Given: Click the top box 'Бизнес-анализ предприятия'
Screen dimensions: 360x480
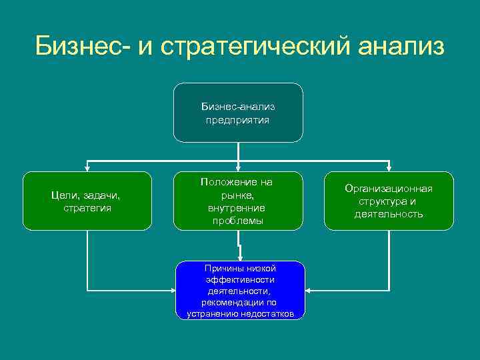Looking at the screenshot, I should coord(238,113).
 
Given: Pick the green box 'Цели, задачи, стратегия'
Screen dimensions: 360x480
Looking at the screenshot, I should coord(87,201).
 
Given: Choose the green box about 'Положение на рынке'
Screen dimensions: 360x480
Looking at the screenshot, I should coord(238,201).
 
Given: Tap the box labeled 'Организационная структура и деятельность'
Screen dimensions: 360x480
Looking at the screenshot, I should coord(389,201).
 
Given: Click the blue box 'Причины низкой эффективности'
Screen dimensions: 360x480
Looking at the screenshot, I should coord(239,290).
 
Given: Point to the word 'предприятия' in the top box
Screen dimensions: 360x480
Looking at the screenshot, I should coord(238,121).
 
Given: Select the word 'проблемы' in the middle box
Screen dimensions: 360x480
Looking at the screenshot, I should coord(238,221).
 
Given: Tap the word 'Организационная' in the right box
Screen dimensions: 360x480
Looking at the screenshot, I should coord(389,189).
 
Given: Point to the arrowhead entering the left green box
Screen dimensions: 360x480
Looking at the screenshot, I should coord(87,167).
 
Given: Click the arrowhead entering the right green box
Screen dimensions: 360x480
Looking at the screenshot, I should coord(389,167).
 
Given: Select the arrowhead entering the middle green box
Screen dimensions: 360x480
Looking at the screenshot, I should coord(238,167).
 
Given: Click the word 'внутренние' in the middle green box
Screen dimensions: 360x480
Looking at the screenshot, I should coord(238,207).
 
